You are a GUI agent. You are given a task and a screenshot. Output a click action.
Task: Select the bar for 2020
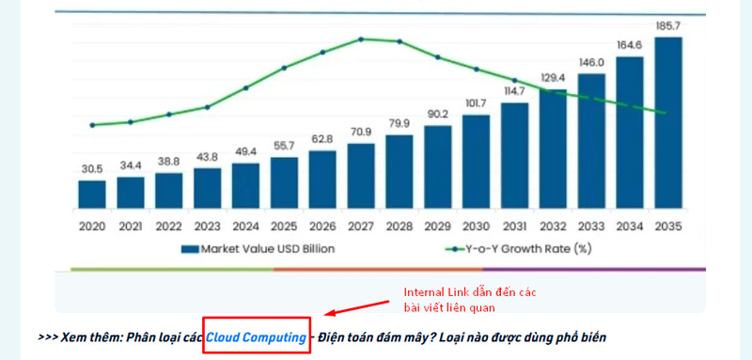(92, 194)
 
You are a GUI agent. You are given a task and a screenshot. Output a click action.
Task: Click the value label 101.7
(476, 102)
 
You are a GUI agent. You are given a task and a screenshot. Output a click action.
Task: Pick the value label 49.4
(245, 151)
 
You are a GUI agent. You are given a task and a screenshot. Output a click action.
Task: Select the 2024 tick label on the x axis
(245, 227)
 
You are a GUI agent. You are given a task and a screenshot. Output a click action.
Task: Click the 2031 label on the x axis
(514, 227)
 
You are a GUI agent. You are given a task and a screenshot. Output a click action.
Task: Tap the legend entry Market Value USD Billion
(256, 249)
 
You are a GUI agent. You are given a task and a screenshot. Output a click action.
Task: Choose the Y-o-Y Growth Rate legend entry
(521, 249)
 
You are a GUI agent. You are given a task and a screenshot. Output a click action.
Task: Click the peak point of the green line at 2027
(361, 39)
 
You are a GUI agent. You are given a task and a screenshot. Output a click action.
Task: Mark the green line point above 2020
(92, 125)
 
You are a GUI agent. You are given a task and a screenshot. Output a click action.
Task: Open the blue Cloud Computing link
(256, 337)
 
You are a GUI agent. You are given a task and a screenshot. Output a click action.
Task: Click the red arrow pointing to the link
(355, 308)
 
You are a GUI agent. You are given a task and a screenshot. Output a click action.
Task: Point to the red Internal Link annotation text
(470, 299)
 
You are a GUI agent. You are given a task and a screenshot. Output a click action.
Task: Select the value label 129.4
(553, 77)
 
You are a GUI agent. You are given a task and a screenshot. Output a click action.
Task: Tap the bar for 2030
(476, 161)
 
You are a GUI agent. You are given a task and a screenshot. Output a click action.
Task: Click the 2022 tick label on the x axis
(169, 227)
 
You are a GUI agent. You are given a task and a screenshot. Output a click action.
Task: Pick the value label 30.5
(92, 169)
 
